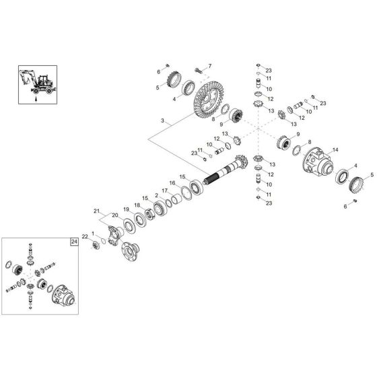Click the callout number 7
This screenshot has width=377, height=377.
[x=209, y=65]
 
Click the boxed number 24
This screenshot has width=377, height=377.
[x=73, y=240]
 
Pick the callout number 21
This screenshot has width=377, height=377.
[x=96, y=211]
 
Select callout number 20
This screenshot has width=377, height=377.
[x=114, y=215]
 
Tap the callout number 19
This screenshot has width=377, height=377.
[x=125, y=209]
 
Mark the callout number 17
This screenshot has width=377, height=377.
[x=165, y=191]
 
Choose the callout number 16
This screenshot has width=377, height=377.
[x=172, y=183]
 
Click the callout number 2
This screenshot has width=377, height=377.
[x=157, y=195]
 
